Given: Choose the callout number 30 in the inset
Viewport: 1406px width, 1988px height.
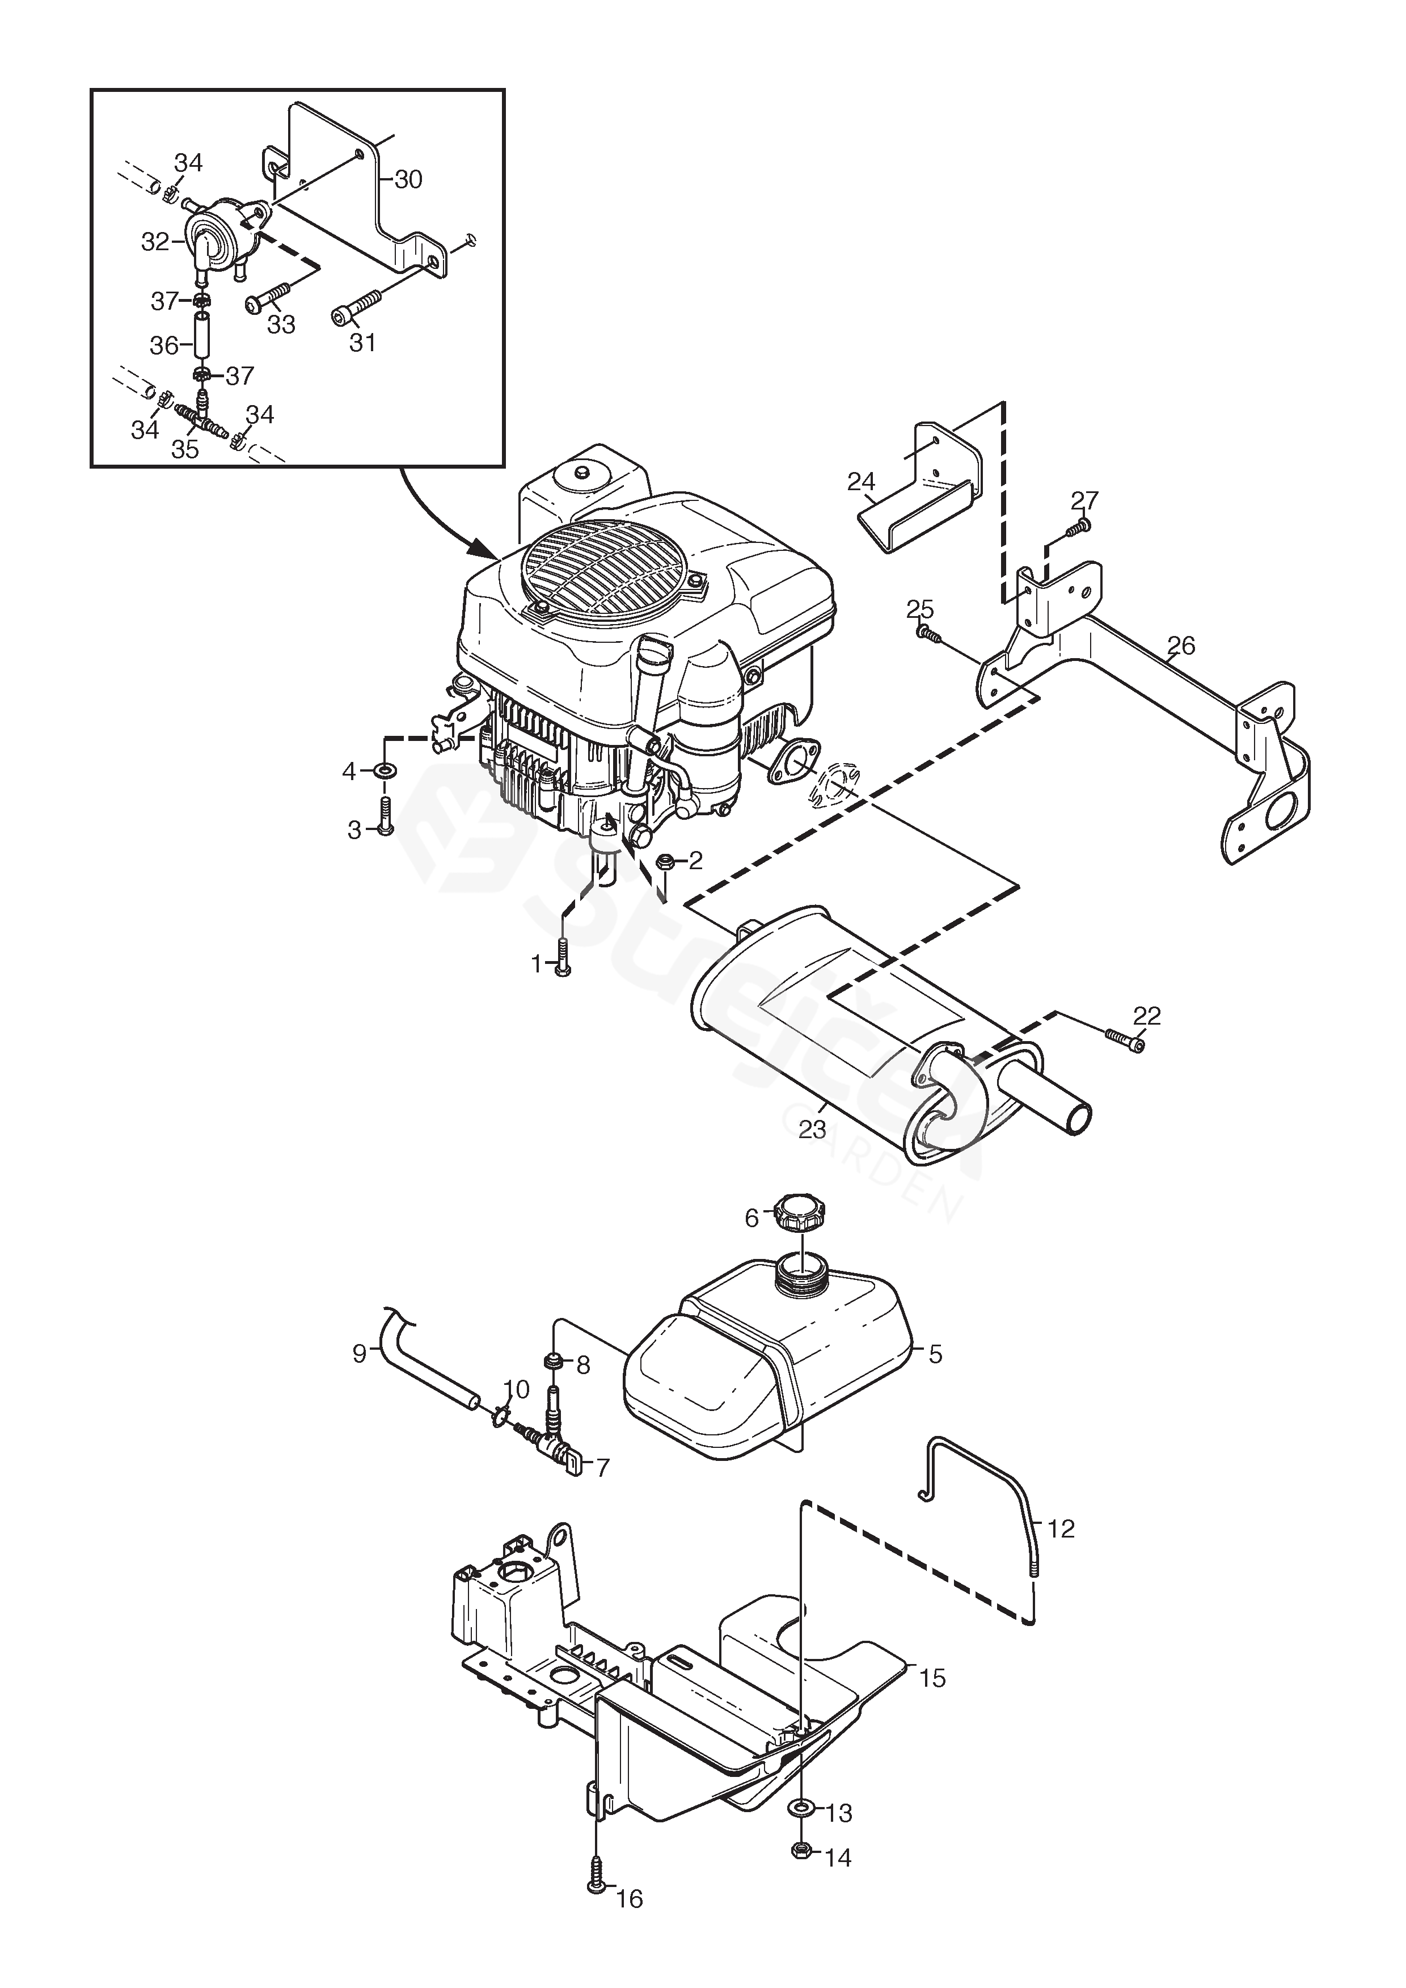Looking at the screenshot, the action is (x=408, y=179).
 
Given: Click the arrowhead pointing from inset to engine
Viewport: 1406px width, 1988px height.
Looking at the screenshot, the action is (x=482, y=548).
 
